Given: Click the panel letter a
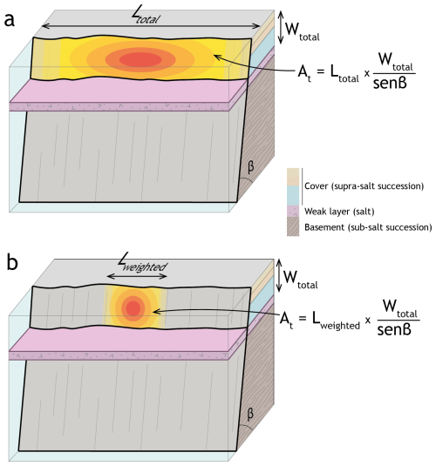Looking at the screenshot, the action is point(10,20).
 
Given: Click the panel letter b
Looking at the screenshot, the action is point(12,262).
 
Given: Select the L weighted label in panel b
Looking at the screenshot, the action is point(142,263).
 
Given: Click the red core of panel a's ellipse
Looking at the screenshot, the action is point(140,59).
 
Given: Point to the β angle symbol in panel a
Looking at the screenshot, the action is point(250,166).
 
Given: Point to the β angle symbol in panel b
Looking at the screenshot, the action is point(250,414).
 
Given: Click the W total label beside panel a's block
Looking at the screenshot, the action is point(303,31).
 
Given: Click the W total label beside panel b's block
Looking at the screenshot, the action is point(301,280).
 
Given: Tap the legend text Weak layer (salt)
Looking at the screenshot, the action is point(339,212).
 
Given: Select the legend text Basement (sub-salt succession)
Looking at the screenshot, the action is point(368,227).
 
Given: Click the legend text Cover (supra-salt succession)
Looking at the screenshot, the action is point(364,186).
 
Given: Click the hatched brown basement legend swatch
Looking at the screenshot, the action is point(293,226).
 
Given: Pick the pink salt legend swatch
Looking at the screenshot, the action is point(293,211).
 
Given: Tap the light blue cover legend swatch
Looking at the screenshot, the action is point(293,195).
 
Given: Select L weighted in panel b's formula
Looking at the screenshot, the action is point(336,321).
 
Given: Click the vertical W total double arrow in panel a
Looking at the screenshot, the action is point(281,27).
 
